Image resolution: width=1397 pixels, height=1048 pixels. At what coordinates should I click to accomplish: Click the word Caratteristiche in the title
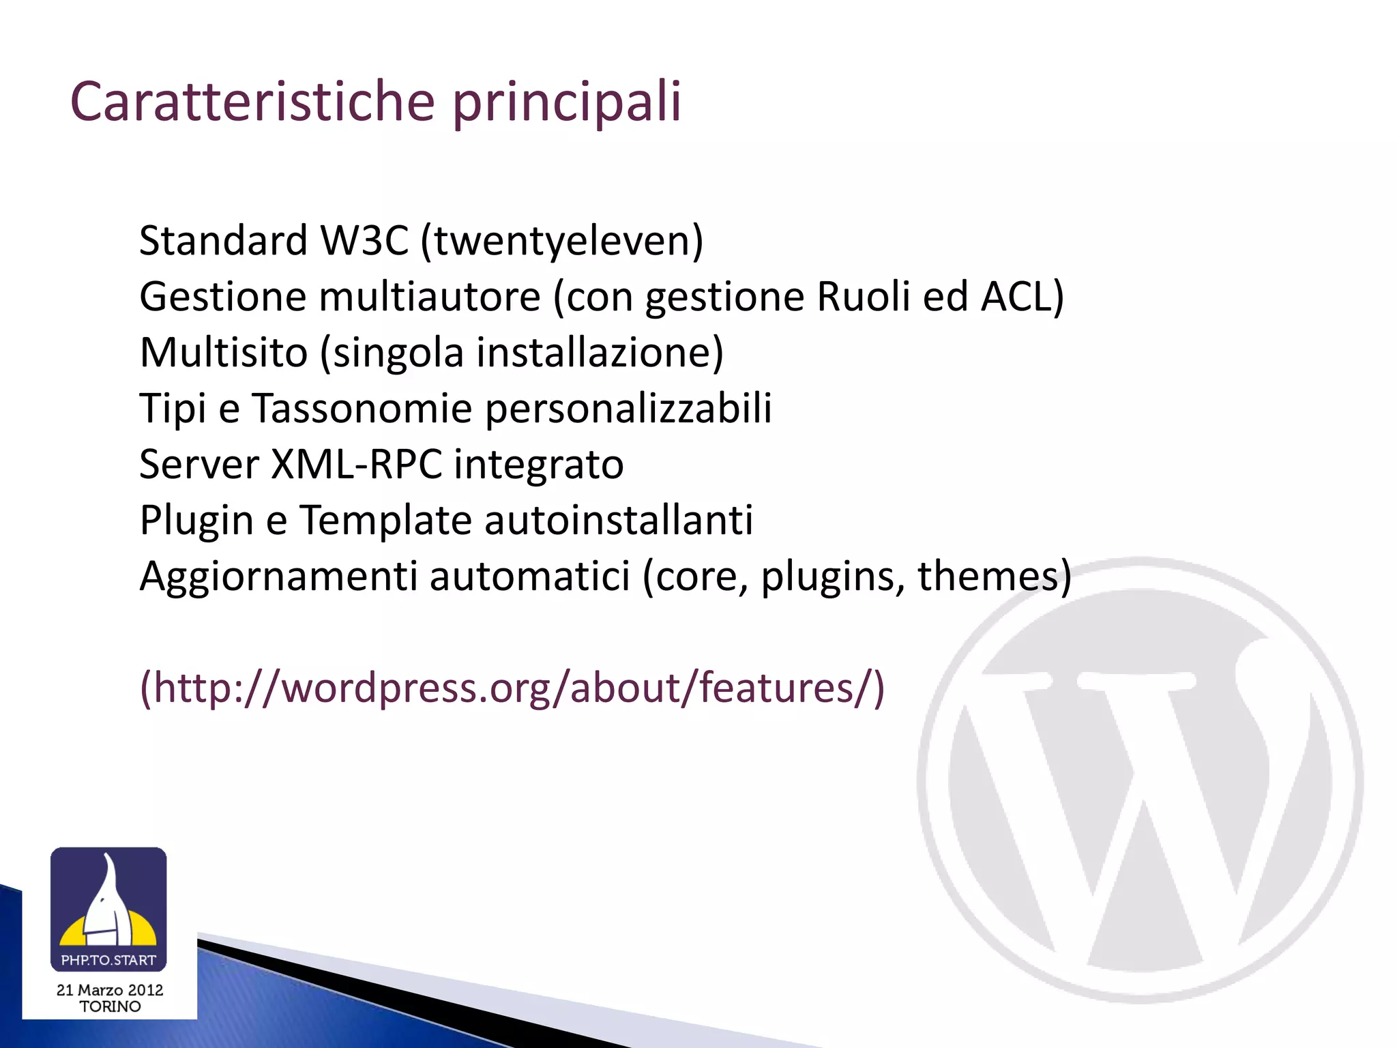point(252,102)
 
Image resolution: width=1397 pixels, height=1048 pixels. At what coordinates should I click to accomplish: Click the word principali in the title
point(566,104)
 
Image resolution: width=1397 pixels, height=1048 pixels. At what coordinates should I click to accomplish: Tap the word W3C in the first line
point(364,241)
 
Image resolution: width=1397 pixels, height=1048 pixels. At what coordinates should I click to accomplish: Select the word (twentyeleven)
point(561,242)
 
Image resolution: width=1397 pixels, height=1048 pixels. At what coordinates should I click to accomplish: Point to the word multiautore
point(430,297)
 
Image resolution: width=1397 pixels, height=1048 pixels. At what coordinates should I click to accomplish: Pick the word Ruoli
point(863,297)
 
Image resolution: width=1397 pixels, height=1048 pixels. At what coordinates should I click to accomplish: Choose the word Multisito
point(224,353)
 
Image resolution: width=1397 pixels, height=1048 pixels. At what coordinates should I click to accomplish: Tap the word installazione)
point(600,353)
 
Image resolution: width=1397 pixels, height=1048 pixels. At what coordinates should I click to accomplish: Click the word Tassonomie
point(362,409)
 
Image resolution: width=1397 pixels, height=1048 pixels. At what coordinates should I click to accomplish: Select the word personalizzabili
point(628,410)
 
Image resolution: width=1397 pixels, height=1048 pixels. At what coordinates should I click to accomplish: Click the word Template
point(385,521)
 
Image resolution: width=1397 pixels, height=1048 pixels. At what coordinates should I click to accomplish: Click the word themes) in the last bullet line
point(995,577)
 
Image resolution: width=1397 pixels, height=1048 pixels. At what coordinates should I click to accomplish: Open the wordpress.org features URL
point(512,688)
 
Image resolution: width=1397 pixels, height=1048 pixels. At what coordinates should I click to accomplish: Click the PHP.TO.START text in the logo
point(108,960)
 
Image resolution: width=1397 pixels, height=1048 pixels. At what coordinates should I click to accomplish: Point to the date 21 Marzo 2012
point(110,990)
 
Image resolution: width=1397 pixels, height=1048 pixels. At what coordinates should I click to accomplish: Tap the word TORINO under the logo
point(110,1006)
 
